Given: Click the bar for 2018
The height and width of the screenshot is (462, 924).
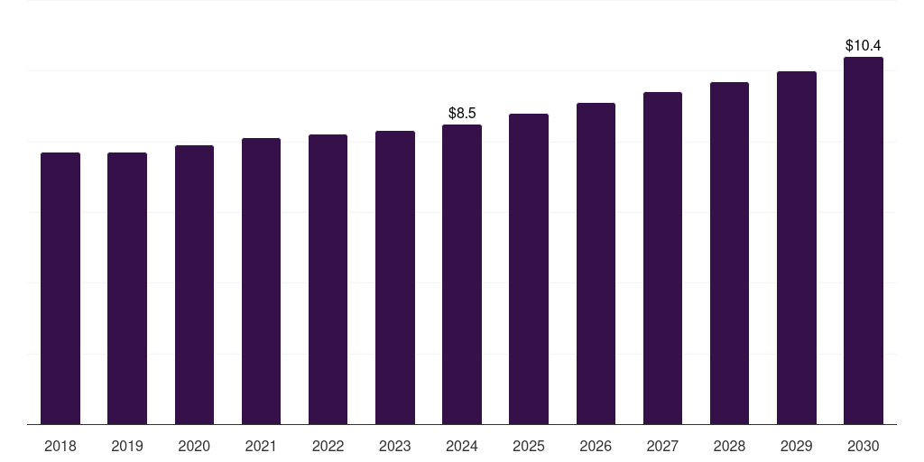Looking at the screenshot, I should click(x=60, y=289).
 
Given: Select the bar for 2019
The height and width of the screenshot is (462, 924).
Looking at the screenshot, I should click(x=127, y=289).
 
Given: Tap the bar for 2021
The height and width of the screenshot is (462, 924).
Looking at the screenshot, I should click(x=261, y=282).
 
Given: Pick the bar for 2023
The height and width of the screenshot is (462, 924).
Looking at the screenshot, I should click(x=395, y=278).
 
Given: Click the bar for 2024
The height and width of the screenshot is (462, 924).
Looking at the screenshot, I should click(x=462, y=274).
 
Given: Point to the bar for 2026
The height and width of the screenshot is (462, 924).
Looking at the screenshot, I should click(x=596, y=263).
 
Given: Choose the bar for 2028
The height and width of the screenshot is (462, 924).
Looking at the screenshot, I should click(x=729, y=254).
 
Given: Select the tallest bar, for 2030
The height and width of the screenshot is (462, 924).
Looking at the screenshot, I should click(x=864, y=241).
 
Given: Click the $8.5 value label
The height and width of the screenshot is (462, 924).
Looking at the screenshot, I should click(x=462, y=113).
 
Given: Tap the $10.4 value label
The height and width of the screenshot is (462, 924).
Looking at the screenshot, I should click(x=864, y=45).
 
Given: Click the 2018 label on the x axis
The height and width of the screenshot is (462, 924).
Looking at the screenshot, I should click(x=60, y=446).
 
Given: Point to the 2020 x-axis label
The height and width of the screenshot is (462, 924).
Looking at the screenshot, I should click(x=194, y=446).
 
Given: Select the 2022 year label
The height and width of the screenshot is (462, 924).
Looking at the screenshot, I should click(x=328, y=446).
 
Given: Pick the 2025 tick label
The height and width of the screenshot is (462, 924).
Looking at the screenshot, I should click(x=529, y=446).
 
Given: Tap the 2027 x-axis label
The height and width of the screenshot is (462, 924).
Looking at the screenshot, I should click(x=662, y=446).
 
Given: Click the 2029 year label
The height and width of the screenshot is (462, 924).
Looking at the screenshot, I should click(x=797, y=446).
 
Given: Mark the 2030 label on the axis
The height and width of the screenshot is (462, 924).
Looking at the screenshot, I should click(x=864, y=446).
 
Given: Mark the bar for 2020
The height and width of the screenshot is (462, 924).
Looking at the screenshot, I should click(x=194, y=285).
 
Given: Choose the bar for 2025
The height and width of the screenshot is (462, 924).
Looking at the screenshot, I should click(x=529, y=269).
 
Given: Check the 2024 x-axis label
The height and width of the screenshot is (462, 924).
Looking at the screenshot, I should click(x=462, y=446).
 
